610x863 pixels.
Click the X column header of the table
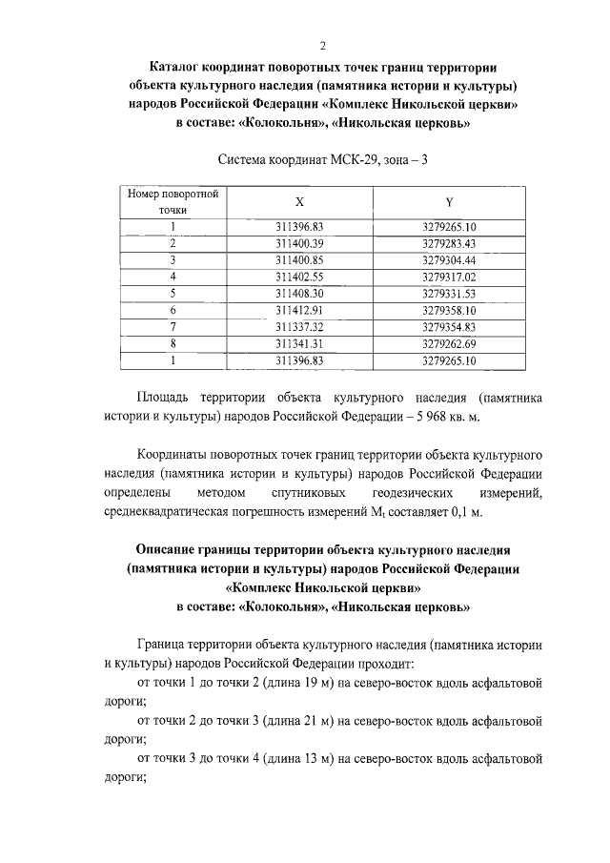click(x=299, y=202)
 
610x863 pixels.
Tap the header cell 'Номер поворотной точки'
click(x=173, y=201)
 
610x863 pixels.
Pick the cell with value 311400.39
click(x=299, y=243)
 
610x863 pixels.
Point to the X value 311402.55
click(x=299, y=277)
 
